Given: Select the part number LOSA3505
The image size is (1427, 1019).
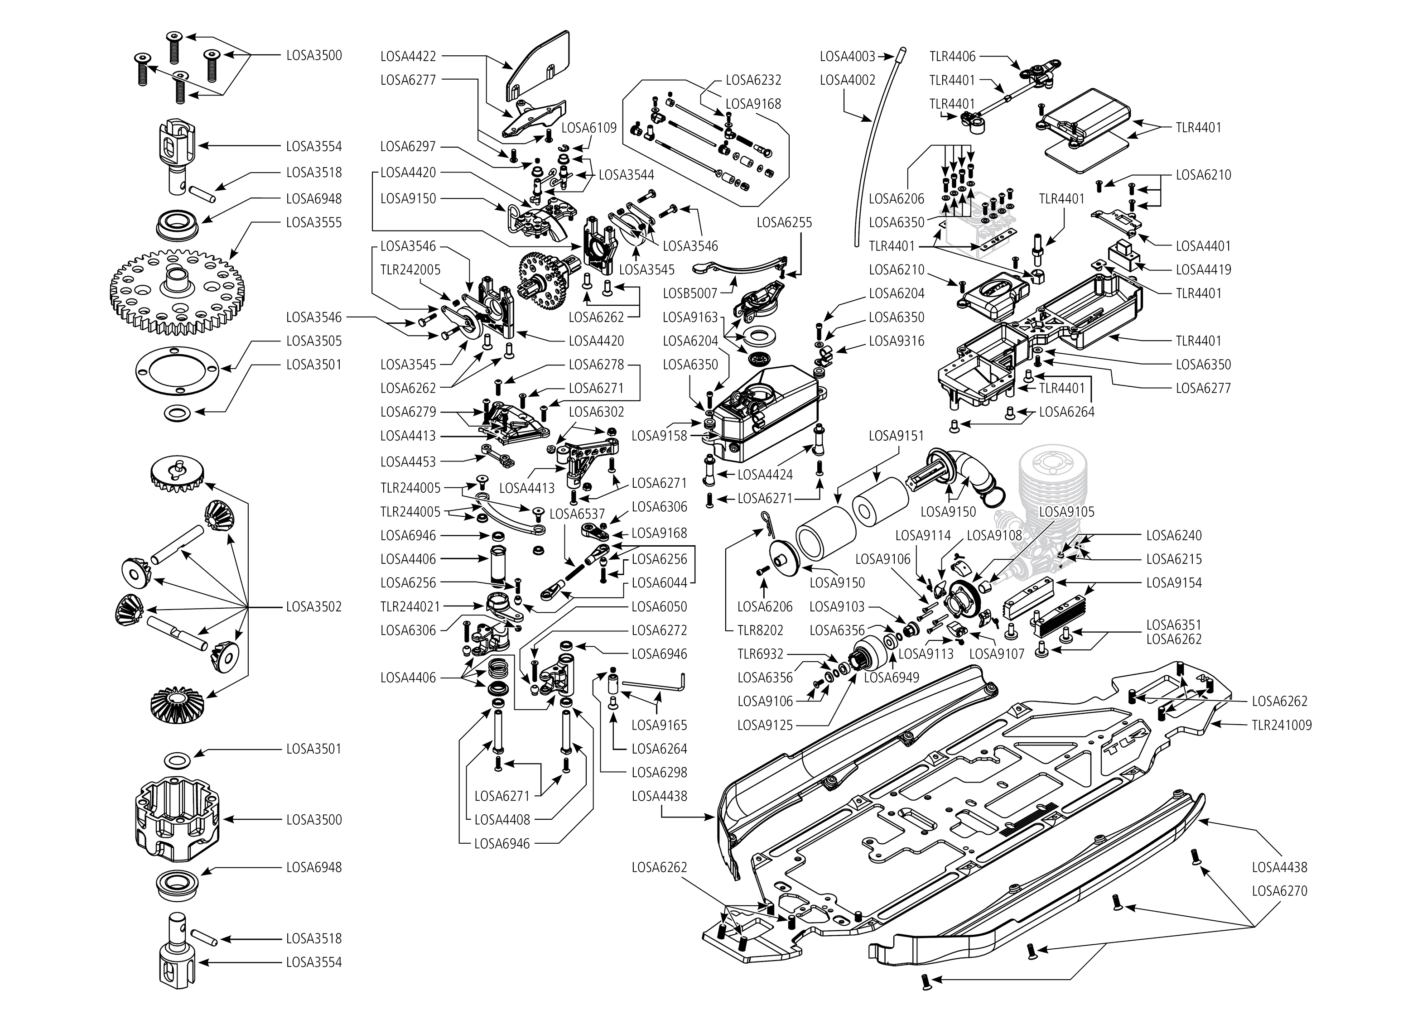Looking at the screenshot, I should [x=314, y=341].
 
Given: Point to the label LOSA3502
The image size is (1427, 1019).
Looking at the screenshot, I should [x=314, y=607].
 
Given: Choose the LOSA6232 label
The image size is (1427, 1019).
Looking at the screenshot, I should [x=753, y=80].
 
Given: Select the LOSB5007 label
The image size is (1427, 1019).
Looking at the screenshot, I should [x=689, y=293].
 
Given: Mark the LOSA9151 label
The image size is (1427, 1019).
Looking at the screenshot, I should [x=896, y=436].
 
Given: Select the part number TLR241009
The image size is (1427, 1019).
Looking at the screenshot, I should [x=1282, y=726].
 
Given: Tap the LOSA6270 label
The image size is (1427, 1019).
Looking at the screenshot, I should [x=1279, y=891].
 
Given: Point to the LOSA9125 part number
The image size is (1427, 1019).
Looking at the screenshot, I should [x=765, y=726].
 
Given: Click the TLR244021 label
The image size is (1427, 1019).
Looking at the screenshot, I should [x=410, y=607].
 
